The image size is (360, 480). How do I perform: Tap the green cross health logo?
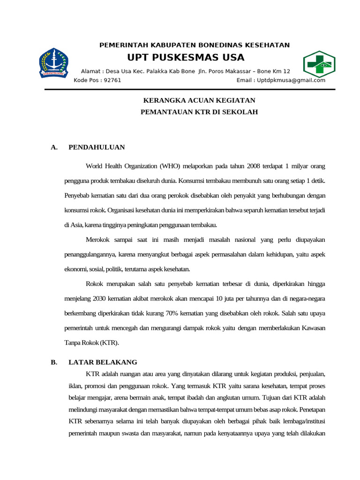click(319, 64)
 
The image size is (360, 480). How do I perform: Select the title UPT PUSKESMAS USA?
click(186, 58)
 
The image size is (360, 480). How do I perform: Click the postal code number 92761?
click(112, 80)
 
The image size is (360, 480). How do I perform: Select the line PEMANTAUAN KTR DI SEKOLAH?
click(199, 112)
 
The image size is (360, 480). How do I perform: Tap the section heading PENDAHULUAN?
click(97, 147)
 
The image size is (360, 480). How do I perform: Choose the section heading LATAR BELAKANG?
click(103, 362)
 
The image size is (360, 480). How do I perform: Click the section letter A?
click(54, 147)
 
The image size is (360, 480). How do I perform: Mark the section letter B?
click(54, 362)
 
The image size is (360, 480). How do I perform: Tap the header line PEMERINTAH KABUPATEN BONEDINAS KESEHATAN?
click(195, 45)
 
